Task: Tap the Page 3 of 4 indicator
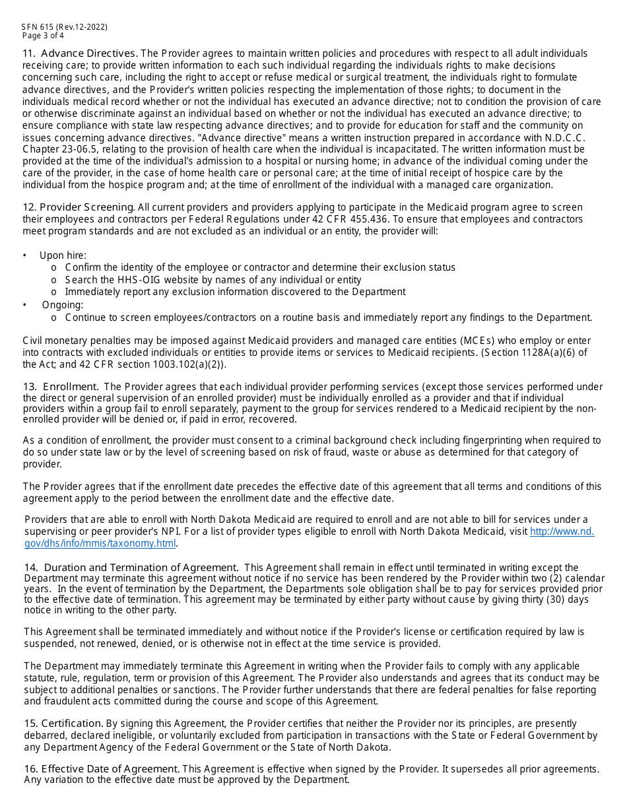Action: point(43,36)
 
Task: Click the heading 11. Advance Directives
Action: point(80,53)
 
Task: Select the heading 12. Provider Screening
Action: point(79,207)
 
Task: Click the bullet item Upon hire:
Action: point(63,255)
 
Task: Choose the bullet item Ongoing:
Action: point(63,305)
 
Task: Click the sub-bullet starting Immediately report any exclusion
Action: point(235,292)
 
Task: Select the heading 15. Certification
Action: point(63,724)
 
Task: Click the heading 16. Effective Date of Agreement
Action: point(102,769)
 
